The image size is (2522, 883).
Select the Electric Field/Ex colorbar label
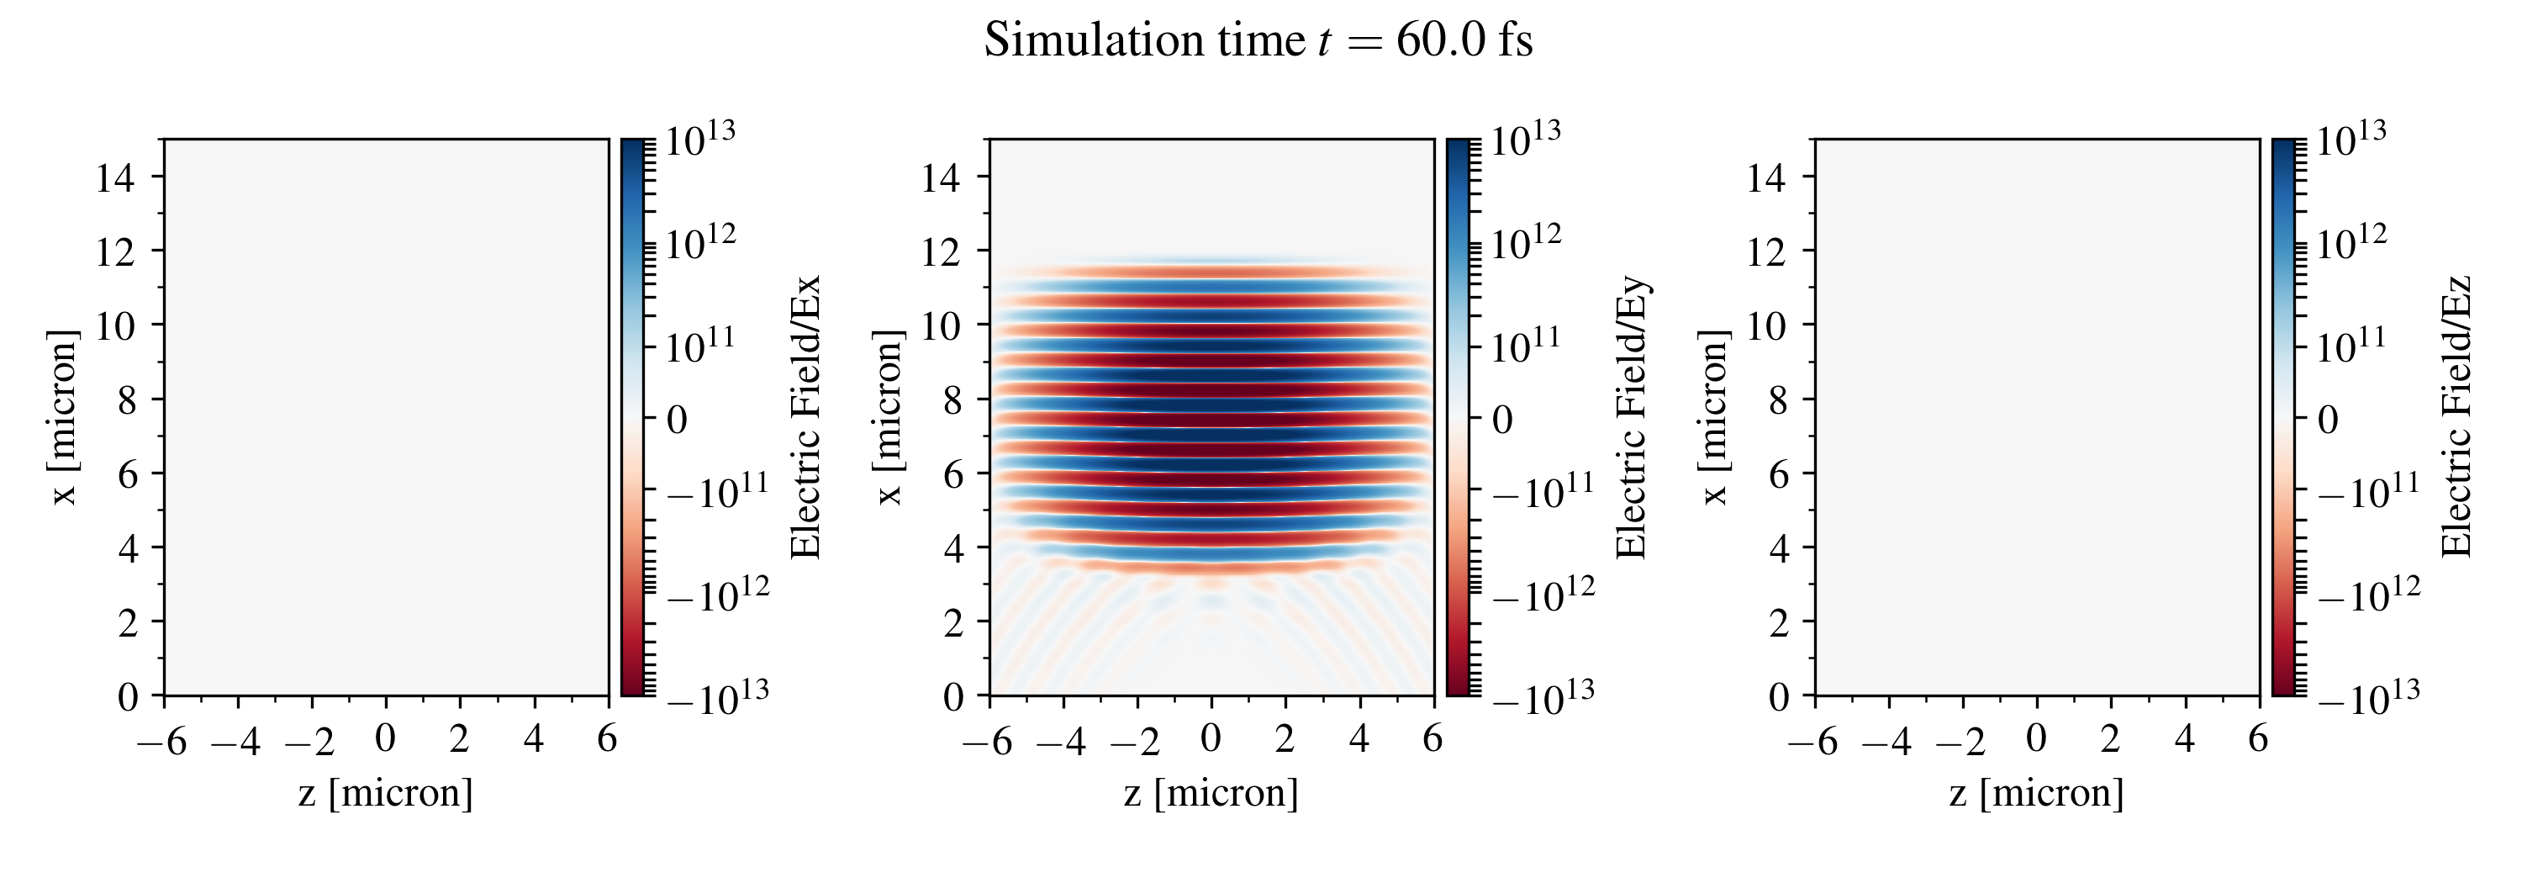coord(805,417)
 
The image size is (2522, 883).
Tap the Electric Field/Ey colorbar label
coord(1631,417)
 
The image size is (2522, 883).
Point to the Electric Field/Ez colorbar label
coord(2456,417)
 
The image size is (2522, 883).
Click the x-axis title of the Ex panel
coord(386,792)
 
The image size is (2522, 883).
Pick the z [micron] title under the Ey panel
coord(1211,792)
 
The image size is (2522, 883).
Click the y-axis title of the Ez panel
coord(1713,417)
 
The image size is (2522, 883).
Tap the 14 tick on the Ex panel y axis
coord(114,178)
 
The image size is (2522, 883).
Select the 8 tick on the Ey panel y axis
coord(952,400)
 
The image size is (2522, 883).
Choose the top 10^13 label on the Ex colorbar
coord(700,139)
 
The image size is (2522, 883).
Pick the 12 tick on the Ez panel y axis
coord(1766,252)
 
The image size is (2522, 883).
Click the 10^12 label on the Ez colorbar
coord(2351,242)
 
